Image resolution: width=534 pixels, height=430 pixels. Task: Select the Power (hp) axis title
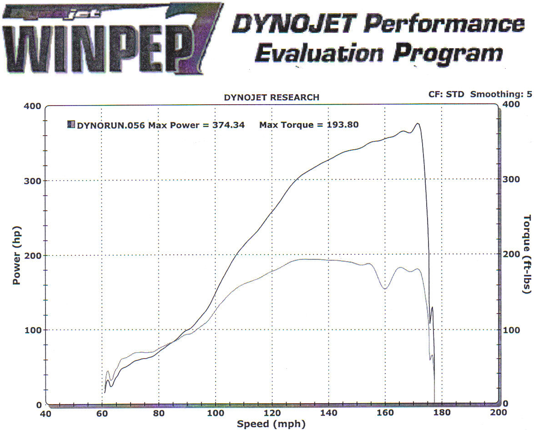(17, 255)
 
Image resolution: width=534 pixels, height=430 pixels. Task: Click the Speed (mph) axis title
(271, 424)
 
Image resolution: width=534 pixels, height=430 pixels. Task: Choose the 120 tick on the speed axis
(272, 413)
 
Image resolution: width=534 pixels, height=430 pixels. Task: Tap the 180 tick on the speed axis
(441, 413)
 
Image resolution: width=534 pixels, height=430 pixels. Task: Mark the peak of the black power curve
(417, 123)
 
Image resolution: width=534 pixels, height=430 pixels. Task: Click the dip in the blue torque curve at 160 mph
(385, 288)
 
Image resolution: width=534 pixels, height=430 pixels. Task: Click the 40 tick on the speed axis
(45, 413)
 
